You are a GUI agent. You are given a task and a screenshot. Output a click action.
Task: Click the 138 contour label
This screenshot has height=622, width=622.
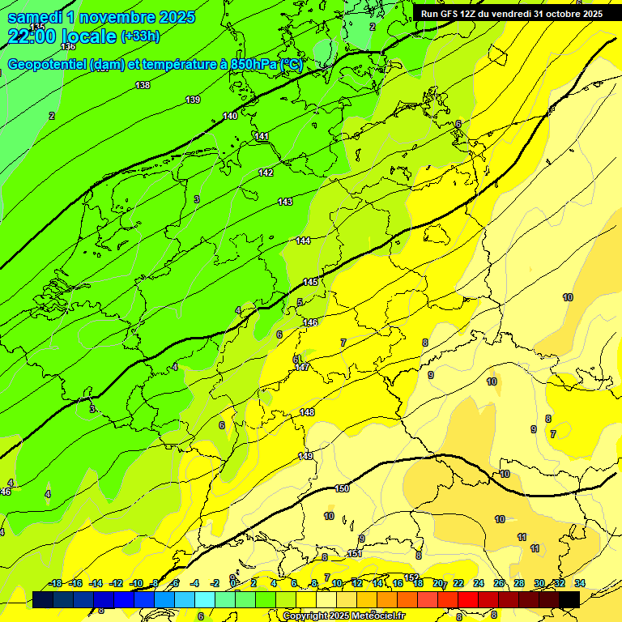click(143, 85)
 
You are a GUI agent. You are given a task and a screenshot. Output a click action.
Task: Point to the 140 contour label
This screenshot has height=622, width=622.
click(230, 116)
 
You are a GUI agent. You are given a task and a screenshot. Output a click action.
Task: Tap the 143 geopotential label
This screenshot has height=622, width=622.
click(285, 202)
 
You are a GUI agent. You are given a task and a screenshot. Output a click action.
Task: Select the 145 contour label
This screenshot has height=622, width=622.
click(310, 282)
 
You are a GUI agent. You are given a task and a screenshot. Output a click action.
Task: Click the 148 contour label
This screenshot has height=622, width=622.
click(307, 412)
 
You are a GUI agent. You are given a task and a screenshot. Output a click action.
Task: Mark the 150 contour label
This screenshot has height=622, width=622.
click(342, 488)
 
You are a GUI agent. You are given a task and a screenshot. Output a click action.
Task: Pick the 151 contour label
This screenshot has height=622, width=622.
click(355, 553)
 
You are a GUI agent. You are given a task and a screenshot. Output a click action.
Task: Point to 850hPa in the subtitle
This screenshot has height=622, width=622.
click(249, 65)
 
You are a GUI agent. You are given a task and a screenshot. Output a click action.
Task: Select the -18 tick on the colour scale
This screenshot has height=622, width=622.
click(55, 583)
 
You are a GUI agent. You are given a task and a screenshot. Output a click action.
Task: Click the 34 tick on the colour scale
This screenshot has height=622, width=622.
click(580, 583)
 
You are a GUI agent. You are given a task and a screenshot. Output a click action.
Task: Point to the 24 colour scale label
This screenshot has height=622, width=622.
click(479, 583)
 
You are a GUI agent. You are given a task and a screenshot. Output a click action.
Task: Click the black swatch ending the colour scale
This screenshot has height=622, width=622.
click(569, 599)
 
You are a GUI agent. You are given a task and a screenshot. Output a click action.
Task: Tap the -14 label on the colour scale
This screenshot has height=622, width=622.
click(96, 583)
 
